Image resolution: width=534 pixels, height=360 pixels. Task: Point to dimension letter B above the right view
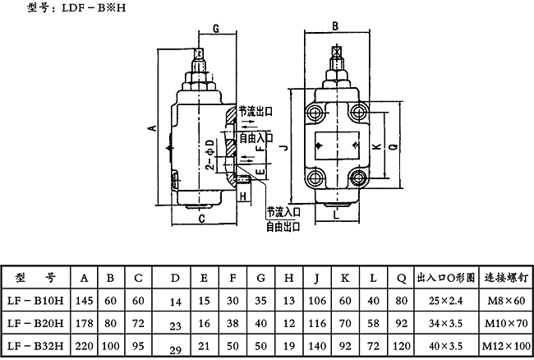coord(335,26)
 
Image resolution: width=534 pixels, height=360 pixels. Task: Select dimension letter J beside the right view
coord(283,146)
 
